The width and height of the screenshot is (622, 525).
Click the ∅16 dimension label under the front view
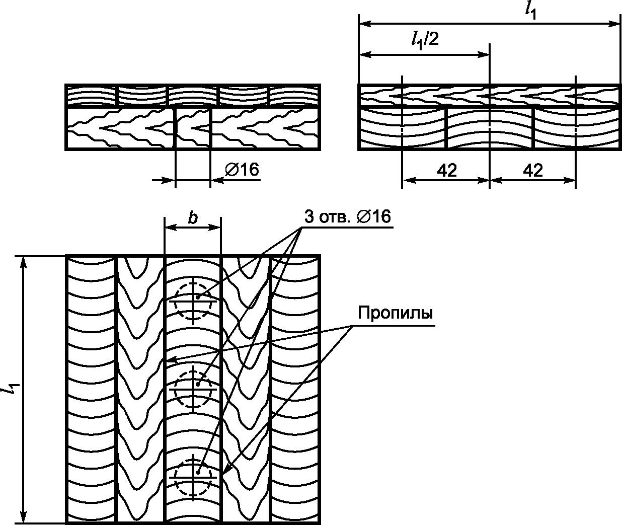(x=242, y=170)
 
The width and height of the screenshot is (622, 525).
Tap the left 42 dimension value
(x=447, y=171)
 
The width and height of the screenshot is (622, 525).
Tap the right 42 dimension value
(x=533, y=171)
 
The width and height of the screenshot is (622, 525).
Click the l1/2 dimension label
(x=425, y=40)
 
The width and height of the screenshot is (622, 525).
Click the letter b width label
(x=193, y=218)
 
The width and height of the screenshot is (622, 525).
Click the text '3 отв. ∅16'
(x=347, y=216)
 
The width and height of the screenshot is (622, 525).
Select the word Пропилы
(x=396, y=313)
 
